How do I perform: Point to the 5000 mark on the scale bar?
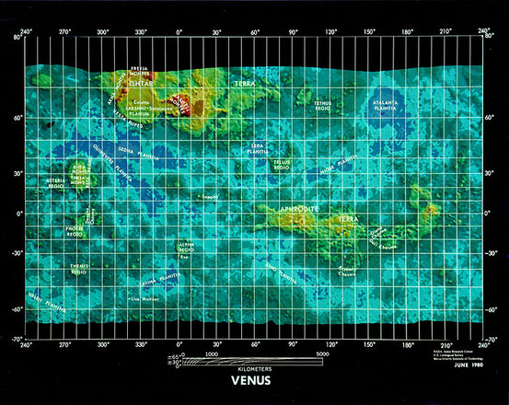[x=322, y=353]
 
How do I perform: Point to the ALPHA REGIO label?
[x=186, y=246]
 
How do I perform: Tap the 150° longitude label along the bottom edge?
[x=368, y=344]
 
